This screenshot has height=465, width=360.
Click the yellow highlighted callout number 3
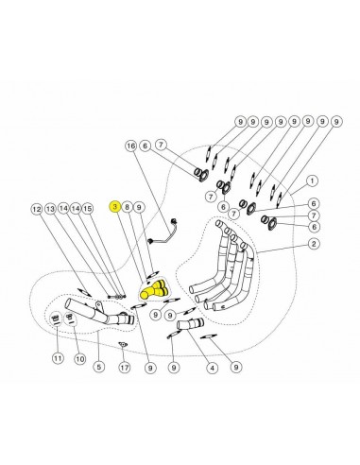(x=115, y=207)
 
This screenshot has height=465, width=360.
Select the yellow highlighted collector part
(x=154, y=289)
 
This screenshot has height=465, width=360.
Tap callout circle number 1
(x=312, y=181)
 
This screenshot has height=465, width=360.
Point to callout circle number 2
(x=314, y=244)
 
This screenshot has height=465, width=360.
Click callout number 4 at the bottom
(x=212, y=368)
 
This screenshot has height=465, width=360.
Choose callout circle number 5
(x=98, y=367)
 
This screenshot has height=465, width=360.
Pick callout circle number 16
(x=131, y=146)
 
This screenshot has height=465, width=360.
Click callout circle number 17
(x=125, y=367)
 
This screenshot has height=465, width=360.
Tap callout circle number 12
(x=37, y=209)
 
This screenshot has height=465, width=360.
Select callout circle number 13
(x=50, y=209)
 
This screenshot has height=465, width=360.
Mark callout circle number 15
(x=88, y=209)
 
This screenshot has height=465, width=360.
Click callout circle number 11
(x=58, y=358)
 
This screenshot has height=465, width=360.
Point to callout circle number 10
(x=80, y=358)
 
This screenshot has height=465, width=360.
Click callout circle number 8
(x=127, y=207)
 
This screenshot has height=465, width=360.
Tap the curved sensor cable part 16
(x=162, y=232)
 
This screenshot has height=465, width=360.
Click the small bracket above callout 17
(x=123, y=345)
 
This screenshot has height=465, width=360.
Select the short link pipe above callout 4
(x=190, y=324)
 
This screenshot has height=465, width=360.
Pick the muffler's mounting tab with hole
(x=98, y=306)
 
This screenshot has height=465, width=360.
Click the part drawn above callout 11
(x=56, y=318)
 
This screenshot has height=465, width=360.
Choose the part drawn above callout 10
(x=71, y=319)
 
